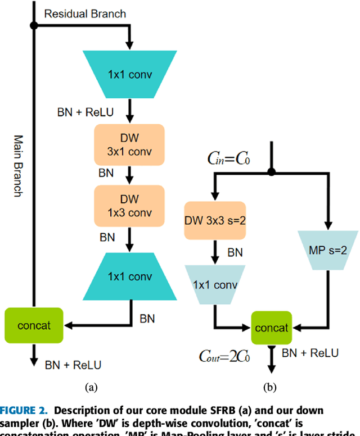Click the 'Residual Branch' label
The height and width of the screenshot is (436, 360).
(x=85, y=13)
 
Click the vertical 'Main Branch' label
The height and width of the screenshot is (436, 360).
(x=17, y=165)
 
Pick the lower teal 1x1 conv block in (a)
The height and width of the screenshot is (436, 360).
(x=129, y=276)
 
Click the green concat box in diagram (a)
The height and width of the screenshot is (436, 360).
(x=34, y=325)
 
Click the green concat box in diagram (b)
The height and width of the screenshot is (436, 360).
(x=272, y=328)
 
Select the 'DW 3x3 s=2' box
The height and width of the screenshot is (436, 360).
(x=215, y=220)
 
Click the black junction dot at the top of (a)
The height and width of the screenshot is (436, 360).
(x=34, y=25)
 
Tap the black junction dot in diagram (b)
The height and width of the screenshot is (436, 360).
(x=272, y=172)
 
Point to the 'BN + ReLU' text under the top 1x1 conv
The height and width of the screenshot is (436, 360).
(x=85, y=112)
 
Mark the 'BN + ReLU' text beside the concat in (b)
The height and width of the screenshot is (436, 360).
(x=310, y=353)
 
